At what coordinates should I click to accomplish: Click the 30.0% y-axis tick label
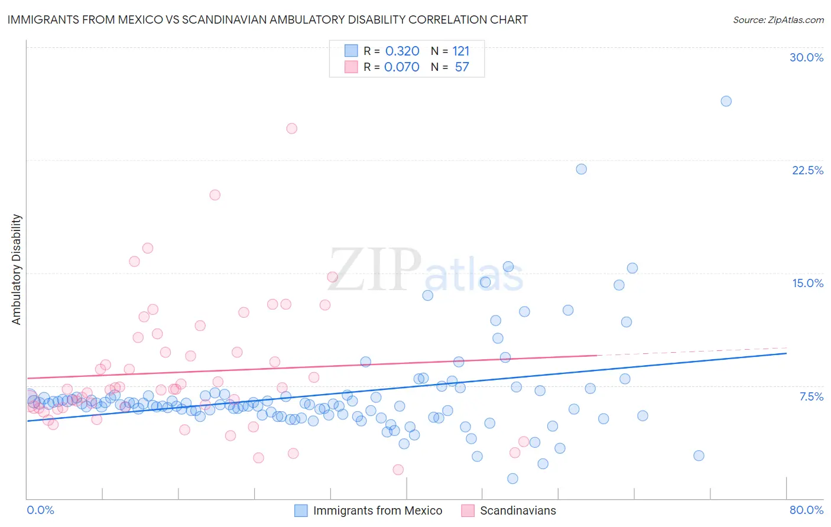point(806,57)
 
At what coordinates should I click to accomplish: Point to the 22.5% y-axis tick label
point(807,170)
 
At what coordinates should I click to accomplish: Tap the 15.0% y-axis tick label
point(807,283)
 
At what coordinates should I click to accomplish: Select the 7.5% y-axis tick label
point(811,396)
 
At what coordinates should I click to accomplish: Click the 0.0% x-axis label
point(40,510)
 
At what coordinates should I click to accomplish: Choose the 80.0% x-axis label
point(806,510)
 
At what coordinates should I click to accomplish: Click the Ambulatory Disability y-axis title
point(17,269)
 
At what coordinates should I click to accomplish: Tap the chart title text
point(267,19)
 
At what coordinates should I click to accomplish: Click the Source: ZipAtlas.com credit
point(778,19)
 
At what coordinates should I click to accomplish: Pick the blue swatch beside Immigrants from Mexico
point(301,510)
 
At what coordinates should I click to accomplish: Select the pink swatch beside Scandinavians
point(468,510)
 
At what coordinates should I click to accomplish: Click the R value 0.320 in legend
point(402,51)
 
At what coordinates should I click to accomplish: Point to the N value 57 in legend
point(462,67)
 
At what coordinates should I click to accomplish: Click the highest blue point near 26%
point(726,101)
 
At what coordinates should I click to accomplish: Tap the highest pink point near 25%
point(291,128)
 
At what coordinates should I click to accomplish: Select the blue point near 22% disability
point(581,169)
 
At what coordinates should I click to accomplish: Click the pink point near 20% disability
point(215,195)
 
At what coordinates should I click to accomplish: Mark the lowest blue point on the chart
point(512,479)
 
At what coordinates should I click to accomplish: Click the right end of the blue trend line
point(786,353)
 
